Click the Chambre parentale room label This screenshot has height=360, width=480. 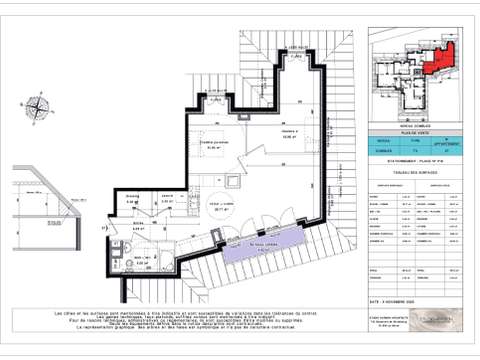click(x=215, y=144)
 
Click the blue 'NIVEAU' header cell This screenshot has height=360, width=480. click(x=384, y=142)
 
